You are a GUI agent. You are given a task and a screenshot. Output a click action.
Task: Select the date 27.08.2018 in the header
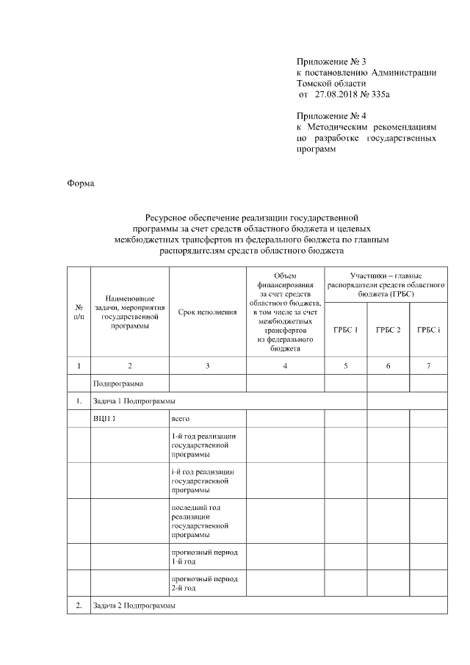[335, 95]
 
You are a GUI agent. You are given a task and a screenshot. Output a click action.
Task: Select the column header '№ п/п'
[79, 312]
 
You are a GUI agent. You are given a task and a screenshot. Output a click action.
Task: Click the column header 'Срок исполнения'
[207, 312]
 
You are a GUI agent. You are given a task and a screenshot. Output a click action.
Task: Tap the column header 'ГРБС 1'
[345, 330]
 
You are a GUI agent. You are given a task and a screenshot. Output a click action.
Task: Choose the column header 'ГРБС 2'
[388, 330]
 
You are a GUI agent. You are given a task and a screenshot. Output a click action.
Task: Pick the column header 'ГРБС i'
[428, 330]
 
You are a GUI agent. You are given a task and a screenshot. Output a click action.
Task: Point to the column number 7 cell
[428, 365]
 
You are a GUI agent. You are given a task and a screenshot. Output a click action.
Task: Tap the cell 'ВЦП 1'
[105, 419]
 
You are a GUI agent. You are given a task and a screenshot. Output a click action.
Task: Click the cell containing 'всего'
[181, 419]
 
